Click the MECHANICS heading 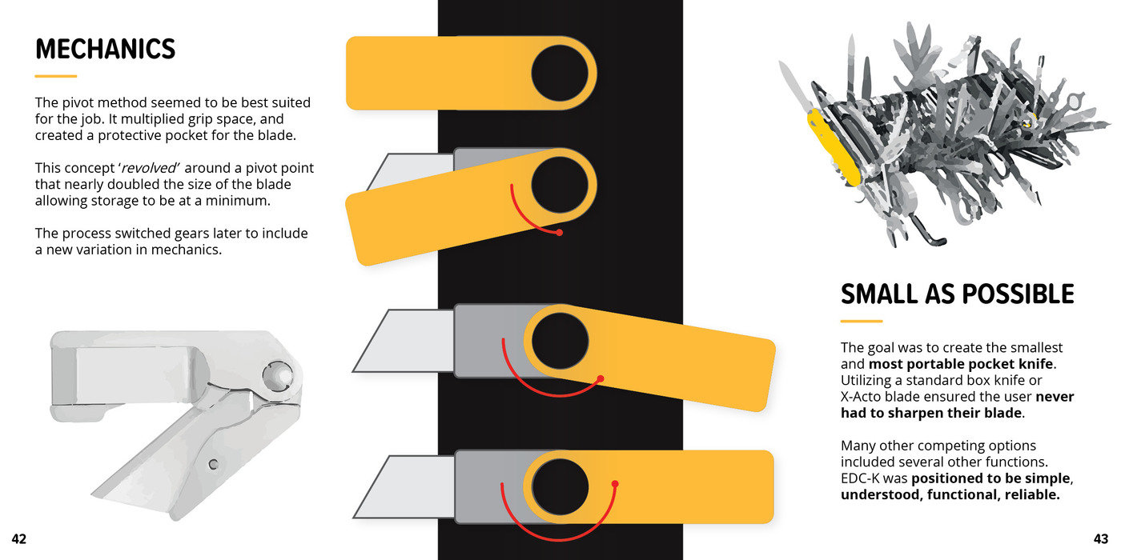click(105, 50)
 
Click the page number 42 click(18, 539)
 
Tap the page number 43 click(1100, 539)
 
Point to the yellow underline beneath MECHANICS click(55, 77)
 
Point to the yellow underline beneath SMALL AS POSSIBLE click(861, 322)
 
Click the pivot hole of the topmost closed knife click(560, 73)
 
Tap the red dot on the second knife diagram click(559, 233)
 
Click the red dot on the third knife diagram click(601, 378)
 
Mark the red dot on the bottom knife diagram click(615, 483)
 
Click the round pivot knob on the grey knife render click(277, 373)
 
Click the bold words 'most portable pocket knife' click(960, 364)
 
